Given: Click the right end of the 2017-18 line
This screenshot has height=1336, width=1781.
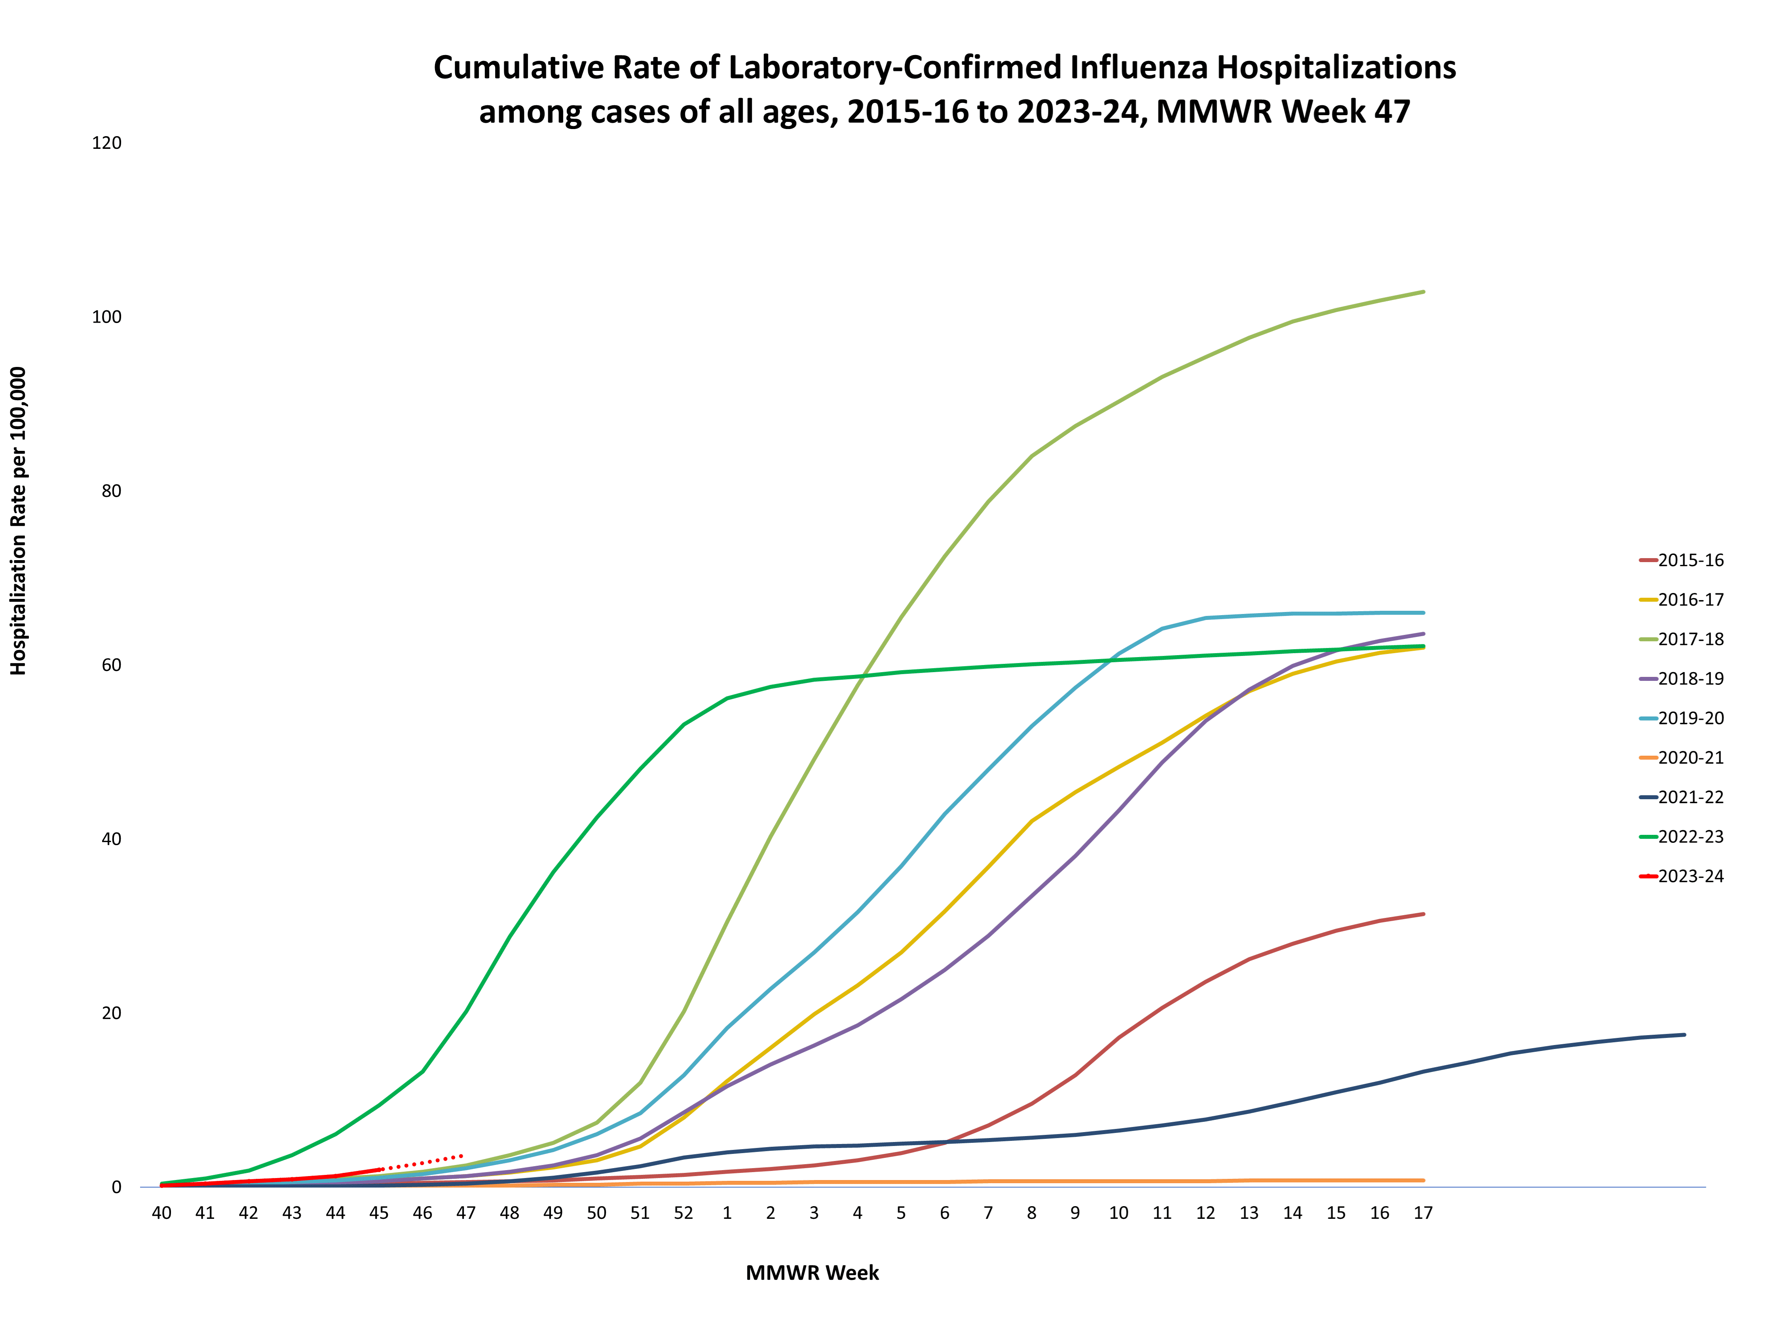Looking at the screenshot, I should pos(1424,291).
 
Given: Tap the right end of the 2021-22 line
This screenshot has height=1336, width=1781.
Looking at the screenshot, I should pos(1684,1035).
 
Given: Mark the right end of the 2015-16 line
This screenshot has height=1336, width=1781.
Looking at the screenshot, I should pos(1424,914).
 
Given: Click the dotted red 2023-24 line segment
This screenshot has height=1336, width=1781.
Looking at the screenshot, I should pos(423,1162).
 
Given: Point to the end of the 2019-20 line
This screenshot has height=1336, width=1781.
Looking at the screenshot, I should pos(1424,613).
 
